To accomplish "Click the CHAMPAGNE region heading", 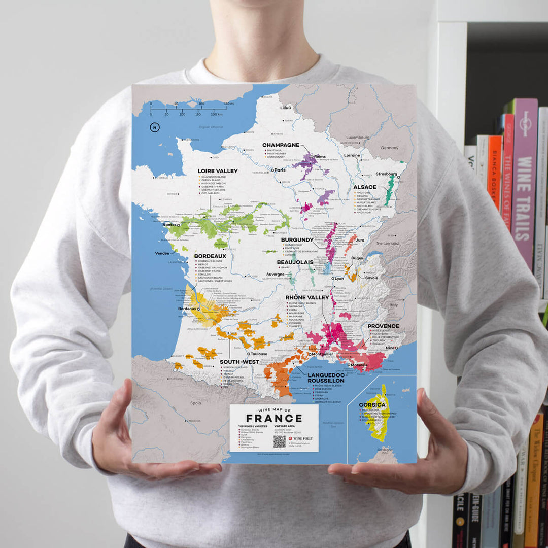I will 281,145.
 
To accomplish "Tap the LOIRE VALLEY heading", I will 218,171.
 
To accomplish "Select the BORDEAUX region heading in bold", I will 210,256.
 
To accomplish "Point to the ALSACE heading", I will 365,187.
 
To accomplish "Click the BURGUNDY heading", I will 297,239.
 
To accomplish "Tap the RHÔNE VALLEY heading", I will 307,297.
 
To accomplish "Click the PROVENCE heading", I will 383,326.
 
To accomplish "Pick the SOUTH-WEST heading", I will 239,362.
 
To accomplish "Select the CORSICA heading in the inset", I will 372,405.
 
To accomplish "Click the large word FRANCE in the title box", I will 274,418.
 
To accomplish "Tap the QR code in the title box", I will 280,441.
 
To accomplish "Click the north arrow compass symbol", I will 154,127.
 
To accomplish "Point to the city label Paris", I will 280,170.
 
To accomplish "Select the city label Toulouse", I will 259,354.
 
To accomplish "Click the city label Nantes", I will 169,225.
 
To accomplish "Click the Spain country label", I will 196,403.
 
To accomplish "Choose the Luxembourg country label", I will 358,138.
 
